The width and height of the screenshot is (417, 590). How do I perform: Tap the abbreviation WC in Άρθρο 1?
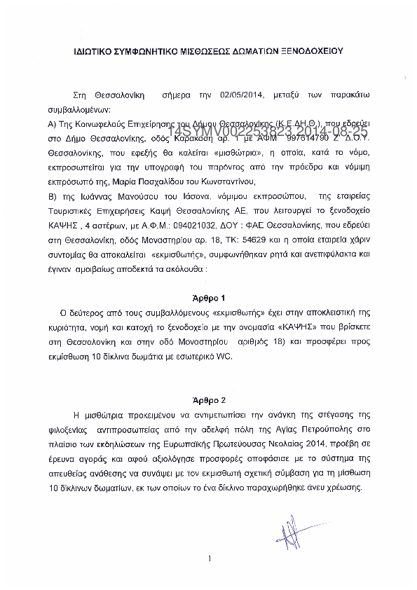tap(230, 356)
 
